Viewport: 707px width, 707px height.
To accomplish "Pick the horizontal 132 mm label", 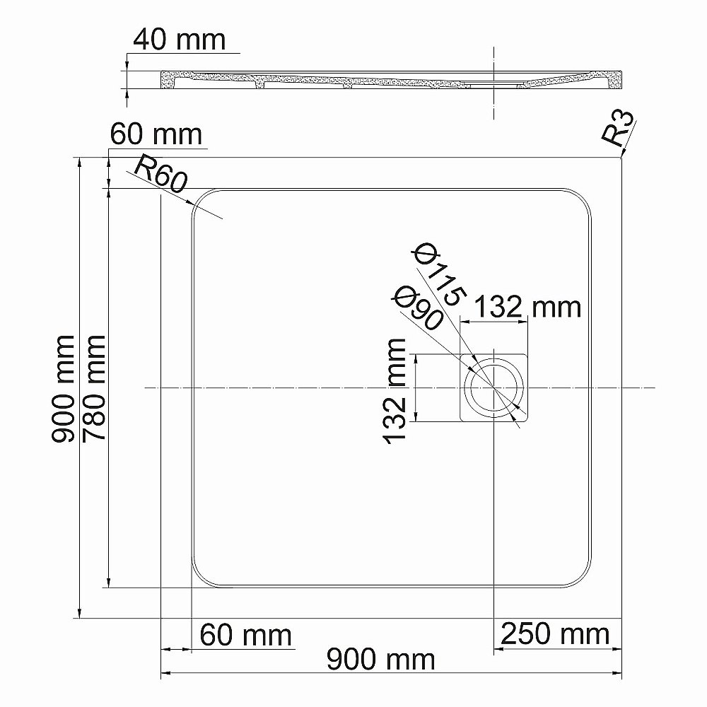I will [526, 307].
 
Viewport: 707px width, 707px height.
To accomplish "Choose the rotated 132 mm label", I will [396, 390].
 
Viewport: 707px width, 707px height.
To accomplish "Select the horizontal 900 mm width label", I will [380, 660].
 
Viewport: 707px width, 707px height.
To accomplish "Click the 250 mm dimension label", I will [555, 634].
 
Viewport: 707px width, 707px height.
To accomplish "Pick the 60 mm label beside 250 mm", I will [245, 634].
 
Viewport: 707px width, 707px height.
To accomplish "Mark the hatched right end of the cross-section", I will [614, 81].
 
